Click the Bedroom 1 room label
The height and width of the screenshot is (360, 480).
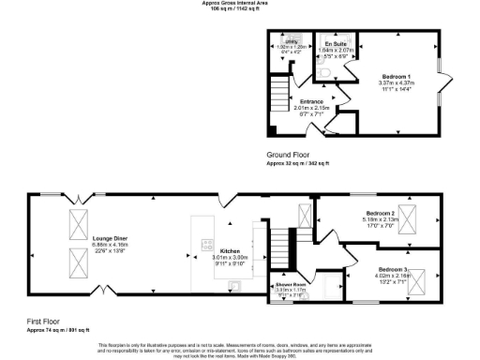point(397,75)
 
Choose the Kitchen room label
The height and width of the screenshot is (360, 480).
point(231,251)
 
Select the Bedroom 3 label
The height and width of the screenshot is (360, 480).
point(367,269)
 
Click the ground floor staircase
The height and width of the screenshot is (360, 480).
point(277,93)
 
